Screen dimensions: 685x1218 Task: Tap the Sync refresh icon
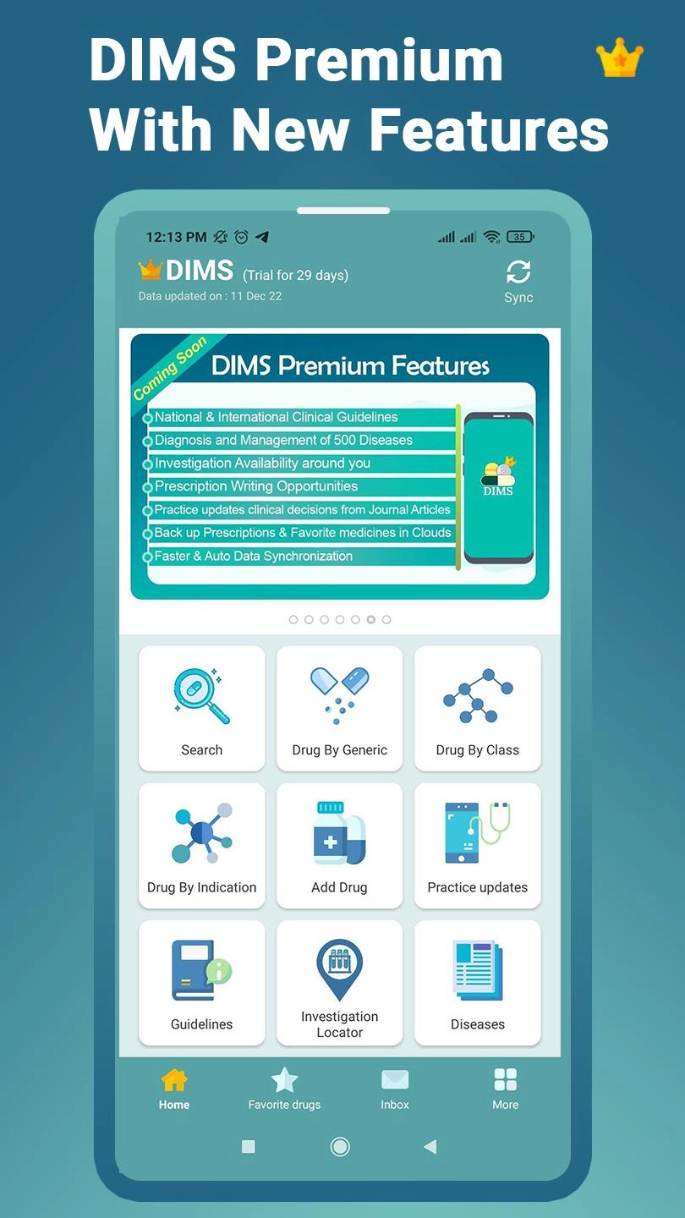pyautogui.click(x=518, y=272)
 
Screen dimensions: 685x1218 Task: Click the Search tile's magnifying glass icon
pyautogui.click(x=201, y=696)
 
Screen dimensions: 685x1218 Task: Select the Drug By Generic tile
pyautogui.click(x=340, y=708)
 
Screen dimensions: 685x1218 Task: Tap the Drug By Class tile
pyautogui.click(x=477, y=708)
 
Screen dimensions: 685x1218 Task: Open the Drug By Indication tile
pyautogui.click(x=201, y=846)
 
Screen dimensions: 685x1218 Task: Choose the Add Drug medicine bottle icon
pyautogui.click(x=340, y=833)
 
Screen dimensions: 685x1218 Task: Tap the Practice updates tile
pyautogui.click(x=477, y=846)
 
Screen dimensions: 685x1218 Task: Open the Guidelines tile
pyautogui.click(x=201, y=983)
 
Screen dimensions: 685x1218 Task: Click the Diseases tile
pyautogui.click(x=477, y=983)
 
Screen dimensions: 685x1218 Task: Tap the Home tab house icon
pyautogui.click(x=174, y=1080)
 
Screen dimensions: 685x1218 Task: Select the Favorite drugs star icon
pyautogui.click(x=284, y=1079)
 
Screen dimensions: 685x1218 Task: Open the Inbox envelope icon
pyautogui.click(x=395, y=1080)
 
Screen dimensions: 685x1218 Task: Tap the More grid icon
pyautogui.click(x=505, y=1079)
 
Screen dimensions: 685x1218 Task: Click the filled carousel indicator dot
pyautogui.click(x=370, y=619)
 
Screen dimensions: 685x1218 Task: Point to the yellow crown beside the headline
pyautogui.click(x=620, y=58)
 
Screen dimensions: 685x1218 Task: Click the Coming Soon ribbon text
pyautogui.click(x=170, y=368)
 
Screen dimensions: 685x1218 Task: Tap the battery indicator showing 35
pyautogui.click(x=520, y=237)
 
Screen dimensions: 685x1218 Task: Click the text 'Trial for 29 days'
pyautogui.click(x=296, y=275)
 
